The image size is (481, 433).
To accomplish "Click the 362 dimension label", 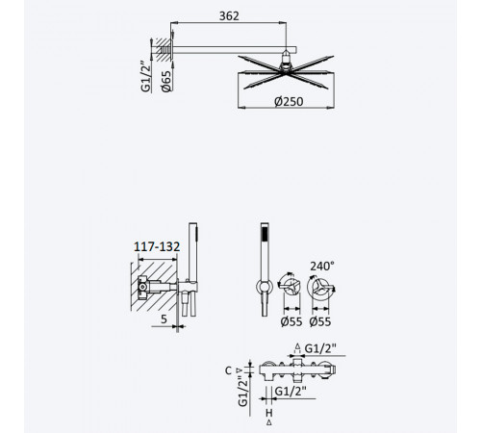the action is pyautogui.click(x=229, y=16).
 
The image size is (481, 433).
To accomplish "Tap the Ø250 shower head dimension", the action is pyautogui.click(x=289, y=102).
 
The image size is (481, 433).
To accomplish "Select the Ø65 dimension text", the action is pyautogui.click(x=166, y=82).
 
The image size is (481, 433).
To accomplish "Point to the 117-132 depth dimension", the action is pyautogui.click(x=157, y=246).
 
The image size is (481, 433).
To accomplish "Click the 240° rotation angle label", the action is pyautogui.click(x=322, y=266).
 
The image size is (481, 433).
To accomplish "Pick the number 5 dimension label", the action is pyautogui.click(x=164, y=319).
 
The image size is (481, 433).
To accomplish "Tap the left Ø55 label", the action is pyautogui.click(x=291, y=321).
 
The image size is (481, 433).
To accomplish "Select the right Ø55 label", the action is pyautogui.click(x=320, y=321).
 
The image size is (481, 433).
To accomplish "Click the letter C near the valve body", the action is pyautogui.click(x=228, y=370).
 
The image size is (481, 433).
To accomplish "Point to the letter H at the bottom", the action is pyautogui.click(x=268, y=413).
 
